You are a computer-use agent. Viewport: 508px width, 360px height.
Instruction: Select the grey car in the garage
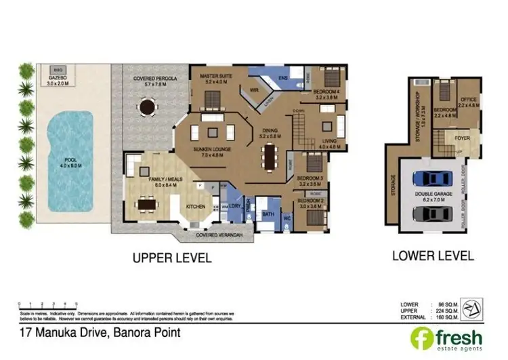click(x=431, y=214)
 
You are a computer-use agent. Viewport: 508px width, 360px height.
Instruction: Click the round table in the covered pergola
click(x=146, y=106)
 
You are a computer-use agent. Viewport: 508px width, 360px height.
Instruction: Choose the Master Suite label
click(x=215, y=77)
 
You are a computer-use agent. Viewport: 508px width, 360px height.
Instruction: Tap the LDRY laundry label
click(x=235, y=205)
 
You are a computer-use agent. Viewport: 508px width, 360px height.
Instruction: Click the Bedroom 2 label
click(x=310, y=201)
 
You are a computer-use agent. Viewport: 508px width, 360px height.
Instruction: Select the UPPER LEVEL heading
click(x=172, y=258)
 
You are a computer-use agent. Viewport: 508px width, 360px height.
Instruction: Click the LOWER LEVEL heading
click(x=433, y=256)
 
